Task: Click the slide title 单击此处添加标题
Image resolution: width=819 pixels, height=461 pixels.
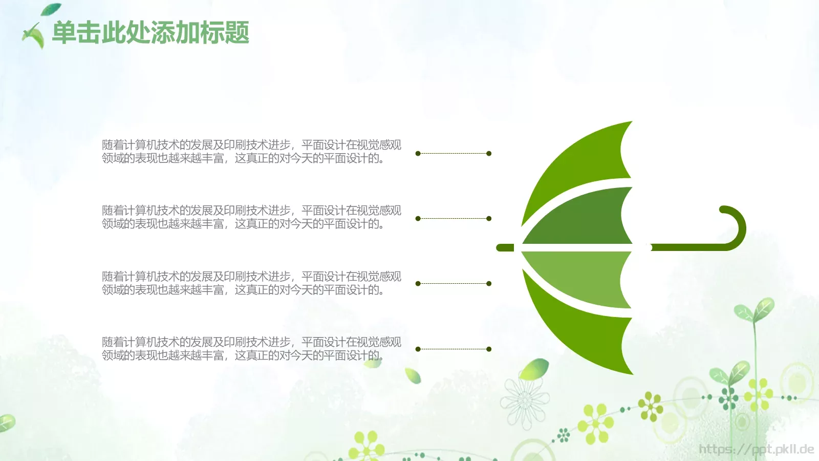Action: tap(150, 33)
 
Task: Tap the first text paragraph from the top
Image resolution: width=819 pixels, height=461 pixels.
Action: tap(251, 152)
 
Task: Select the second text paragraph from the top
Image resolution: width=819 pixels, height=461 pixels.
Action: tap(251, 217)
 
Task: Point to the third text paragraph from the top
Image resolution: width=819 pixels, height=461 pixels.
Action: tap(251, 283)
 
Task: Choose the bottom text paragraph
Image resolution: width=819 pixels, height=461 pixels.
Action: tap(251, 349)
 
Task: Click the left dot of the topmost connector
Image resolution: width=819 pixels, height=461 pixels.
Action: tap(418, 154)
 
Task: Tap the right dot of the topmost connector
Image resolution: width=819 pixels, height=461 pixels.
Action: tap(489, 154)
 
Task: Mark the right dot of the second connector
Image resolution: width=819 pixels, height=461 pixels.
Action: tap(489, 219)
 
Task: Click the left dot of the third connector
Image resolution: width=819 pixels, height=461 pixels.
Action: tap(418, 284)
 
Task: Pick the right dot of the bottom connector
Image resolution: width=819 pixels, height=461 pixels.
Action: tap(489, 349)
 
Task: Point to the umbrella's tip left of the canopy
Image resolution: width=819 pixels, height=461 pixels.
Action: tap(505, 248)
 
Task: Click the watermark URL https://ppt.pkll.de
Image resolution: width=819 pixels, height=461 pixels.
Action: tap(756, 450)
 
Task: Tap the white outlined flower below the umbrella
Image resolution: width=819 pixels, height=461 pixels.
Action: tap(525, 402)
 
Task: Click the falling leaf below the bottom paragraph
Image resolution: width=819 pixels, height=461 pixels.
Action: tap(413, 375)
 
